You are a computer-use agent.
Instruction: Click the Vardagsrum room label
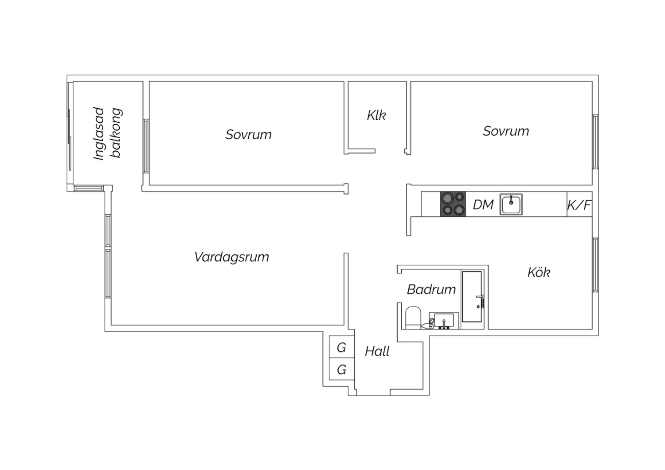click(231, 257)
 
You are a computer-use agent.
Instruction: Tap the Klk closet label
click(376, 115)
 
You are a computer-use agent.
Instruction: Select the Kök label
click(539, 272)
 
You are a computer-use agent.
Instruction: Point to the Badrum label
click(431, 290)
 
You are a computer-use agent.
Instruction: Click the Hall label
click(377, 352)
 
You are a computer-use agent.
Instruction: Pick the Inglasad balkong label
click(107, 133)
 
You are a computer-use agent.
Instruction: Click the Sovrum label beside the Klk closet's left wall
click(248, 134)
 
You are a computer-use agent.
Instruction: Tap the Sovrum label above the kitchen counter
click(506, 131)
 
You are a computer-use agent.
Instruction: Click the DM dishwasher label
click(483, 205)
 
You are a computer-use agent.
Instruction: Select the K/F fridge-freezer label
click(579, 205)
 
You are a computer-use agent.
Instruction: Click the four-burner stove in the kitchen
click(453, 204)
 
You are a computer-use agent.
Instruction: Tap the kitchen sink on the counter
click(511, 204)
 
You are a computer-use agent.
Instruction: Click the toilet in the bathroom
click(413, 318)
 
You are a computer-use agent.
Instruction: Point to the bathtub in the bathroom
click(472, 296)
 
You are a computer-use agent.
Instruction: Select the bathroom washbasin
click(444, 321)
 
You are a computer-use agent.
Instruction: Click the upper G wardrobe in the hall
click(342, 347)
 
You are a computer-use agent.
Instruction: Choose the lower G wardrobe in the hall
click(342, 369)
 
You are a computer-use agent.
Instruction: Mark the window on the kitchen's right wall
click(595, 265)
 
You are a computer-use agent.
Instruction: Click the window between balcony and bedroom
click(146, 146)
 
